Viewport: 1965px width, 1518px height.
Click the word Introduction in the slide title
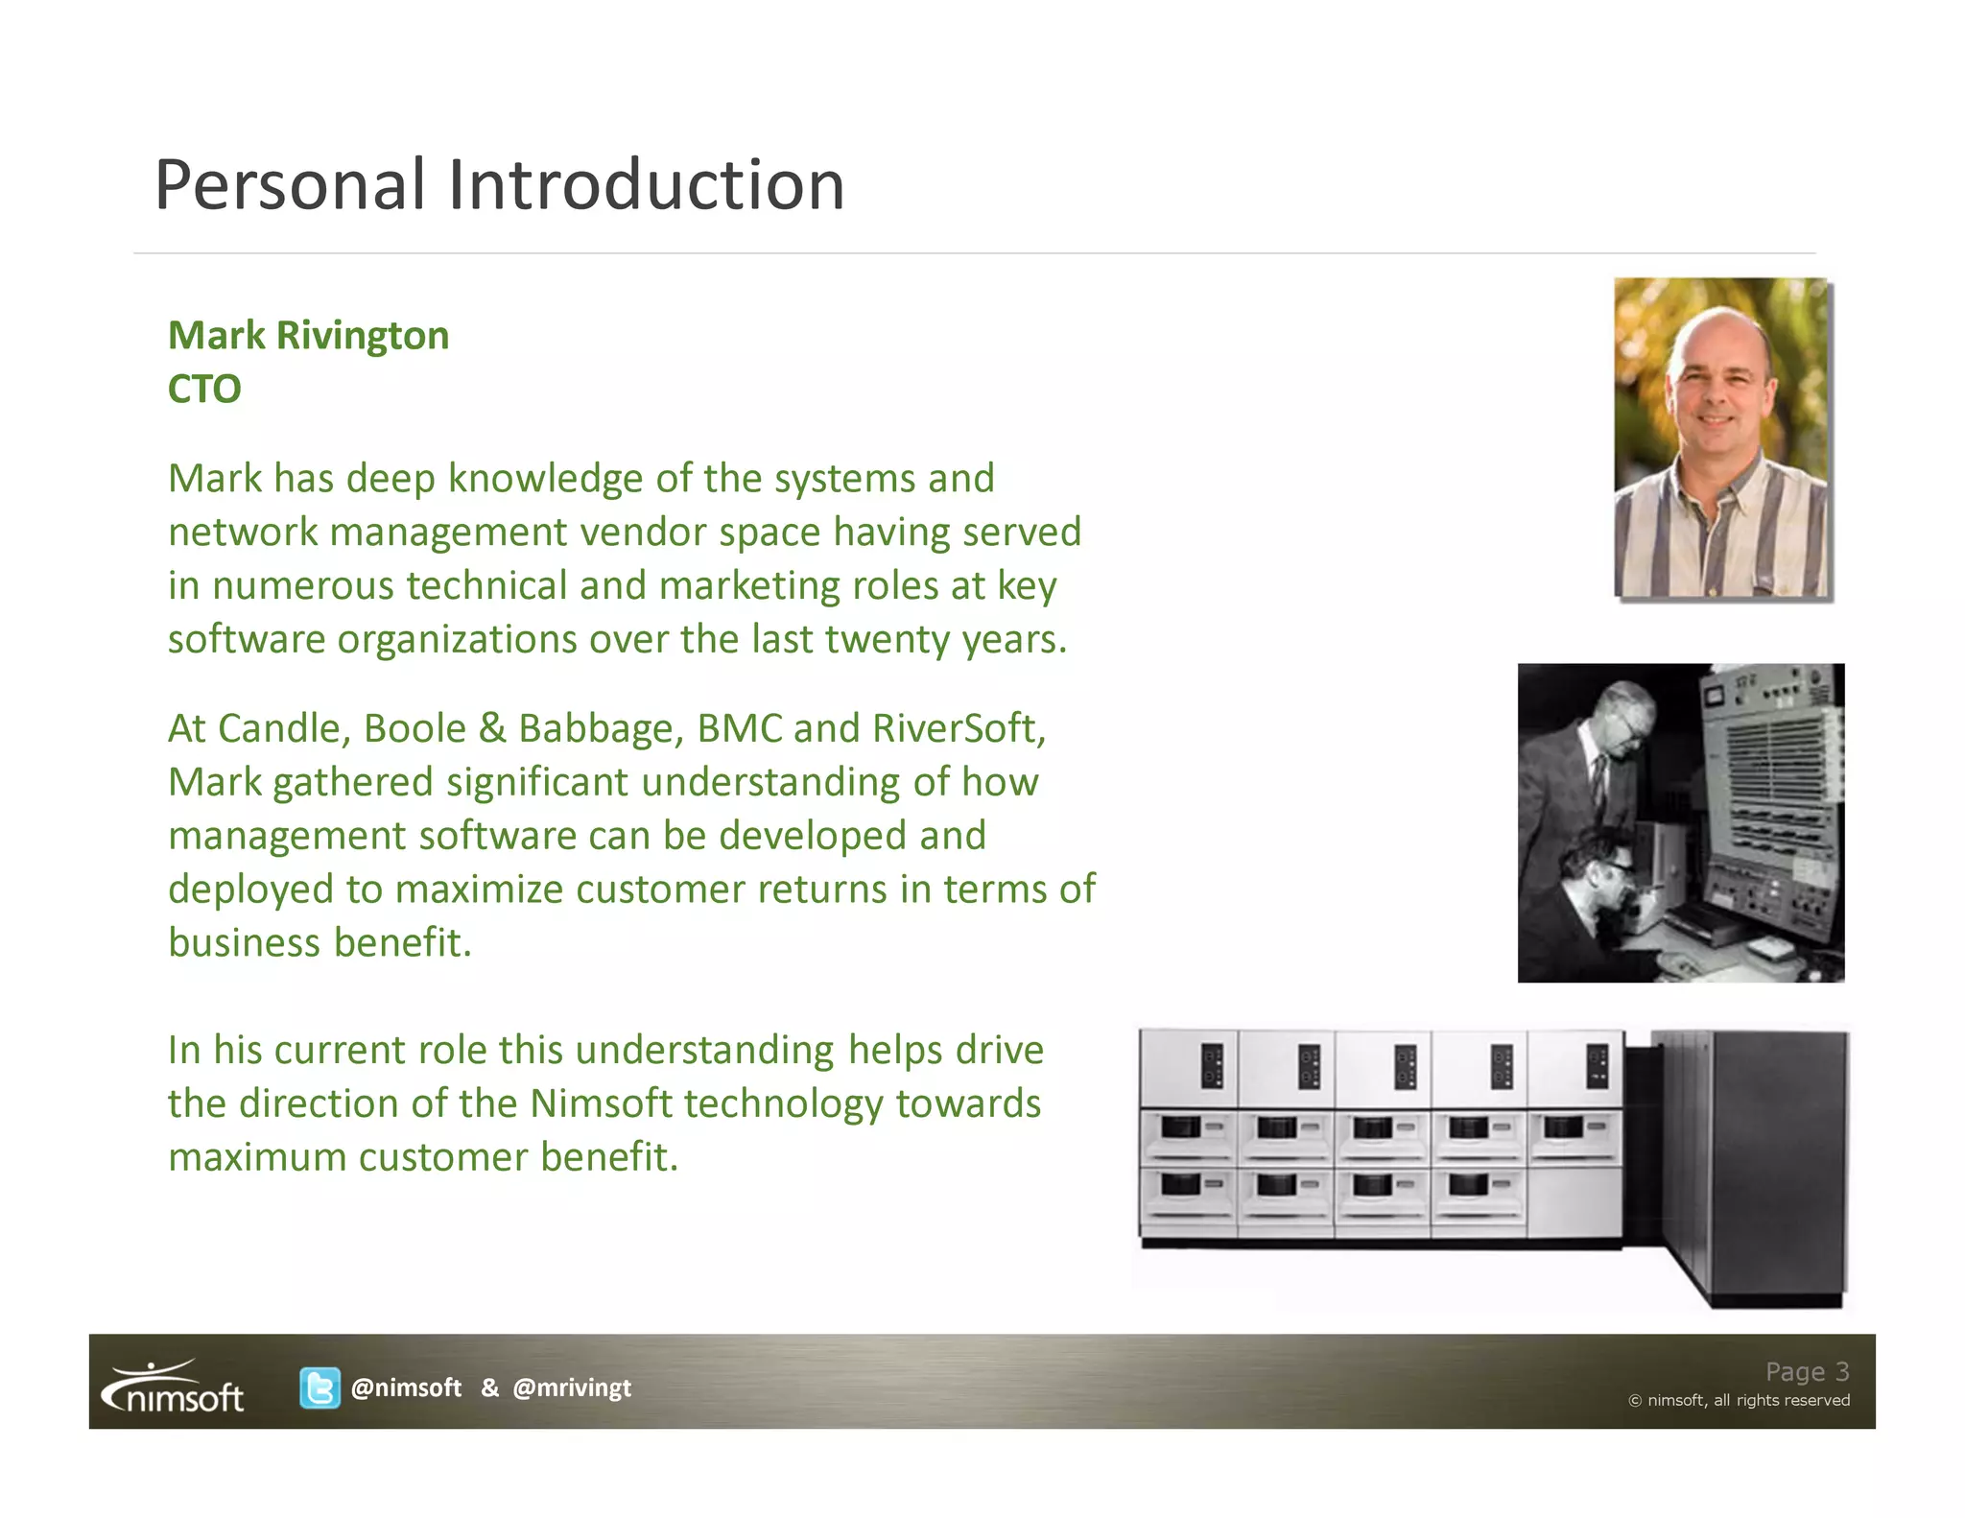(646, 184)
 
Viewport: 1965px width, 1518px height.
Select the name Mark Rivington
(308, 336)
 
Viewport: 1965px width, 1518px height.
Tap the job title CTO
(204, 389)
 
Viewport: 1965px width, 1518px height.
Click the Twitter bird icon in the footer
(320, 1388)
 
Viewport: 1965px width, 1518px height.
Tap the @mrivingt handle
(572, 1388)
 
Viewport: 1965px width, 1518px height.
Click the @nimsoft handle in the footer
(406, 1388)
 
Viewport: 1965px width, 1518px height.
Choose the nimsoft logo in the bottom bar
(174, 1388)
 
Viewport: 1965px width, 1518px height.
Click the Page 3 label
(1807, 1371)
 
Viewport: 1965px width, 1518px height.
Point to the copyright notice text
(1739, 1400)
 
